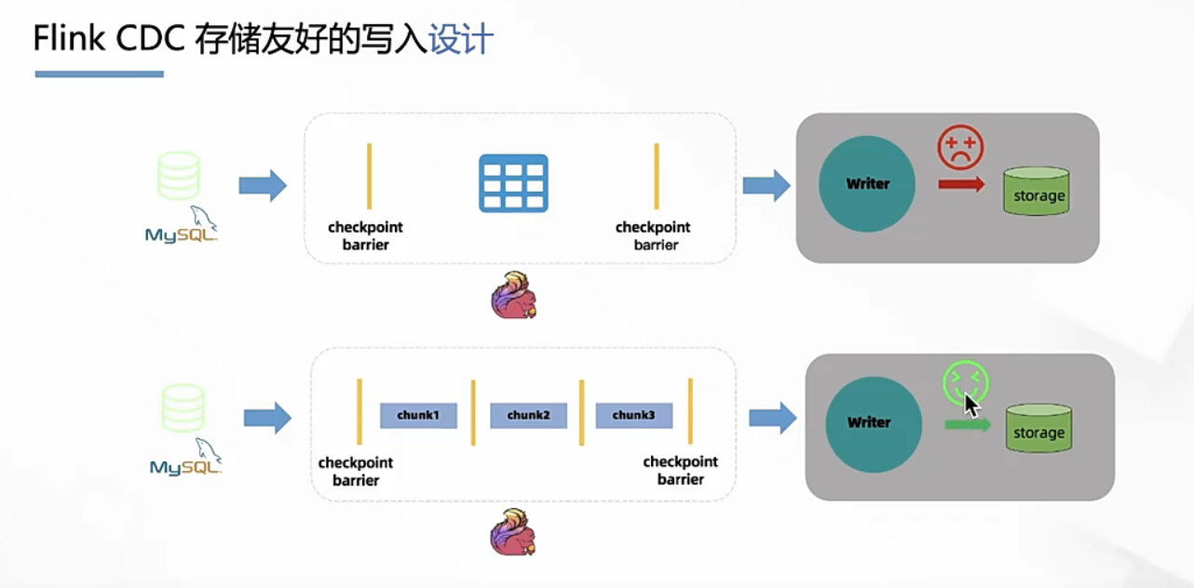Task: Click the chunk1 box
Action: point(418,416)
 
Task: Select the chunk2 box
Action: point(528,416)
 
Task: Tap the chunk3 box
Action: point(633,416)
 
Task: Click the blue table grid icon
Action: point(513,183)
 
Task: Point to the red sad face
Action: point(960,148)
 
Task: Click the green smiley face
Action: point(965,383)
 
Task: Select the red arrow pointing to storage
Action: point(961,184)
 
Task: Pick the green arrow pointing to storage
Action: point(968,424)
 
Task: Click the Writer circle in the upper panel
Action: point(867,184)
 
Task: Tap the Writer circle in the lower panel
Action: point(874,424)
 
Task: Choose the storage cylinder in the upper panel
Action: point(1037,191)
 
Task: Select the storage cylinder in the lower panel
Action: point(1038,428)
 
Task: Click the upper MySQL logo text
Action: point(182,234)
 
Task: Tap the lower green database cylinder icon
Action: point(183,408)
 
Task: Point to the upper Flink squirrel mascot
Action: point(514,295)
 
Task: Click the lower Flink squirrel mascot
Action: point(513,532)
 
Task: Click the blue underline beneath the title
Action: point(99,74)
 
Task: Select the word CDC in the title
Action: point(150,38)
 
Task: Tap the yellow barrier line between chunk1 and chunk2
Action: point(473,412)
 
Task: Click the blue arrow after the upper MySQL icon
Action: point(263,185)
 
